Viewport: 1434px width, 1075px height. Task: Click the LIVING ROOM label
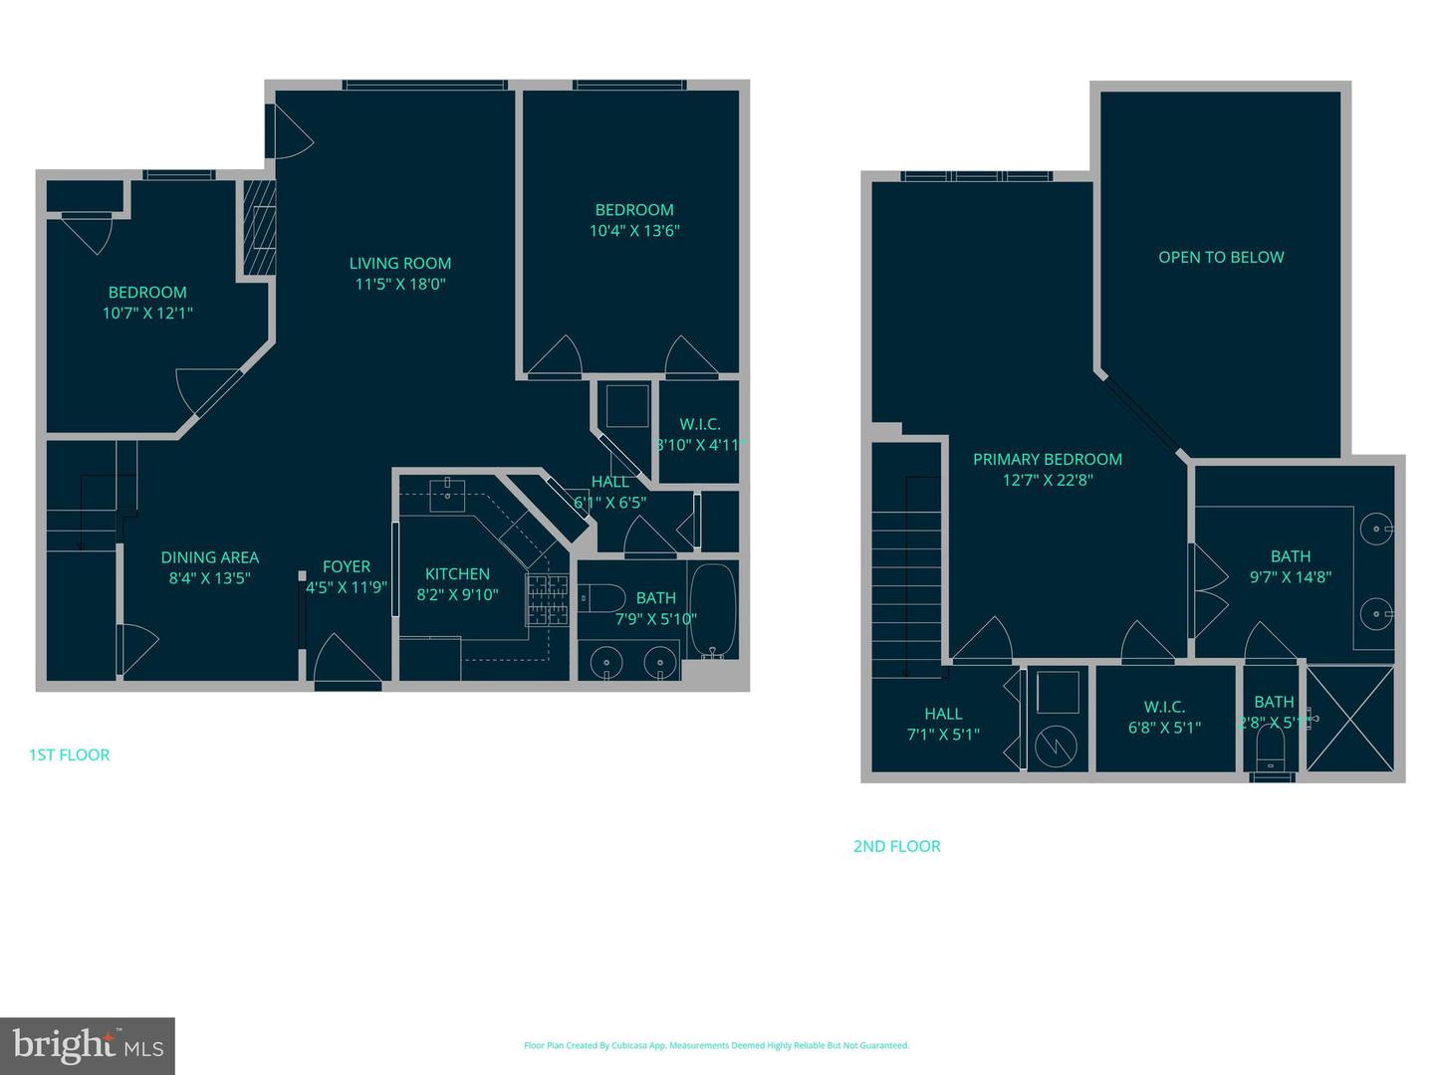click(400, 264)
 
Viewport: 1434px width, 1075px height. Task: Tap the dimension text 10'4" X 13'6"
click(634, 231)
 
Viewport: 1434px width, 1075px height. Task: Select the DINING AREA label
click(210, 557)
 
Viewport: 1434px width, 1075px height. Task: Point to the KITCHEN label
click(457, 574)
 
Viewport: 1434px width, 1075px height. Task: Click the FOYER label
click(347, 566)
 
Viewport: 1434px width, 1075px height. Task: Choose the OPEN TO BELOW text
click(1221, 257)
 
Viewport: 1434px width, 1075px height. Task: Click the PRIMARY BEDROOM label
click(1048, 459)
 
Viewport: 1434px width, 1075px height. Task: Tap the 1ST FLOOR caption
click(70, 754)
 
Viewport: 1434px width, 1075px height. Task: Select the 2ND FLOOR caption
click(896, 846)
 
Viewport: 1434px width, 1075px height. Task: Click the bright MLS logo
click(88, 1045)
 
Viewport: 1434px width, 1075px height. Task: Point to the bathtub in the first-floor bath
click(712, 610)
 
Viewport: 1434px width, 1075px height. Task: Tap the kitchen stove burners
click(548, 601)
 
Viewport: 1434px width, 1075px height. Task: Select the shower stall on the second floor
click(1349, 719)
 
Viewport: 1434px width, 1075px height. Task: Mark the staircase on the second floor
click(906, 557)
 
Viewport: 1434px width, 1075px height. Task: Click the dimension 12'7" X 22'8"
click(1048, 480)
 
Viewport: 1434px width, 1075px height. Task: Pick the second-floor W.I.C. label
click(1164, 707)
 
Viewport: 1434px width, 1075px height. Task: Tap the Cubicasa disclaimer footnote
click(716, 1045)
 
